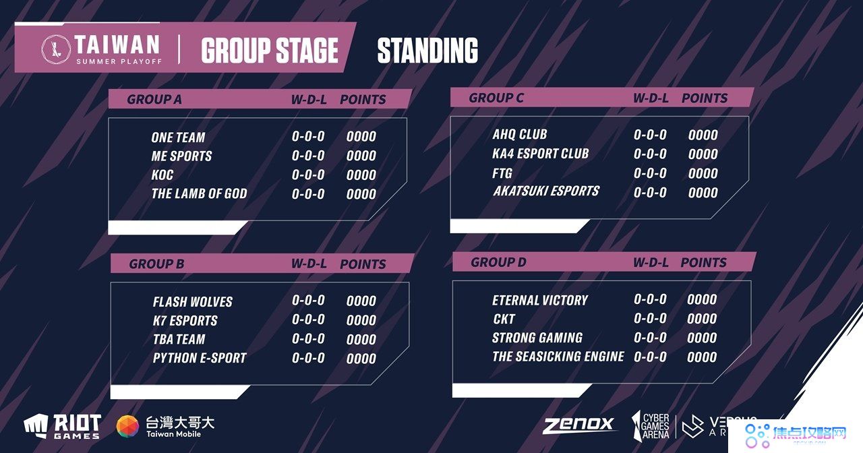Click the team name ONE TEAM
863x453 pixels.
point(178,138)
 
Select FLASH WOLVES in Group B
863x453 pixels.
point(193,301)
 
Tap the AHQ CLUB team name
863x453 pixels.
point(520,134)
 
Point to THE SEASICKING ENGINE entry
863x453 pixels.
point(558,357)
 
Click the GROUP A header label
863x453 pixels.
point(154,99)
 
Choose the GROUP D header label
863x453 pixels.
point(498,262)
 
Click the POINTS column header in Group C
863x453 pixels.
point(705,98)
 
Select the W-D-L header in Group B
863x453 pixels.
point(309,264)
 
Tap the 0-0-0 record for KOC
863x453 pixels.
point(308,175)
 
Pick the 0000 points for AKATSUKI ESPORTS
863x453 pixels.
point(703,193)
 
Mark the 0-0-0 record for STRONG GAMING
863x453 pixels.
point(651,338)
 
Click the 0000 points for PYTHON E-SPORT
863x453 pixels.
point(361,359)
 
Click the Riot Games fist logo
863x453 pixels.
point(36,426)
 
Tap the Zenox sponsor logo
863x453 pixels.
point(578,425)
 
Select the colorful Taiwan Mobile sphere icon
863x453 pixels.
point(127,427)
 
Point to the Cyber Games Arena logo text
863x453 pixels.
point(655,426)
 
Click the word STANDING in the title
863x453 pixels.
point(427,50)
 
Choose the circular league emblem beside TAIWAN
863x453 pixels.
point(56,49)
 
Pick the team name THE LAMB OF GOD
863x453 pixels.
point(199,193)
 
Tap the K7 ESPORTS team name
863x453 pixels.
point(185,320)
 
